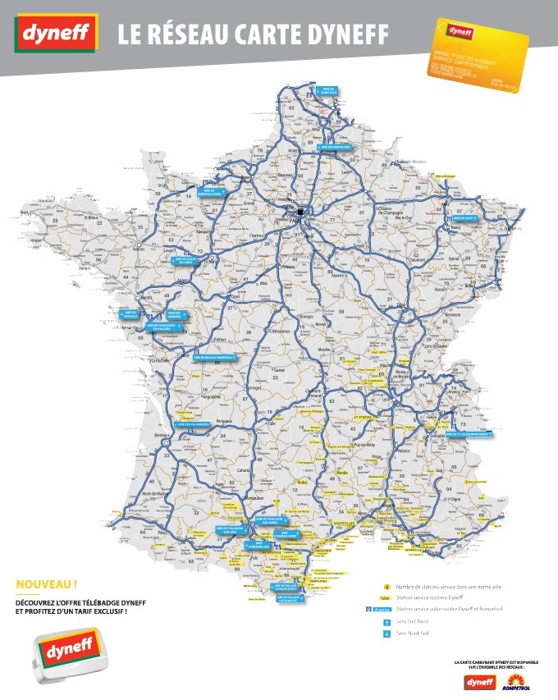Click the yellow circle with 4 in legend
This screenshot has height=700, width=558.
[x=386, y=586]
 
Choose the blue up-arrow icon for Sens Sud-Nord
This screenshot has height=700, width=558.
[x=386, y=622]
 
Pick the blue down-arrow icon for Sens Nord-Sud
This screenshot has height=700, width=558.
[x=386, y=634]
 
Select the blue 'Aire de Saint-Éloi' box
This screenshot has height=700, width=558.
[x=329, y=89]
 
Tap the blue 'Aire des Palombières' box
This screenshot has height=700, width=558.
[x=191, y=424]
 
